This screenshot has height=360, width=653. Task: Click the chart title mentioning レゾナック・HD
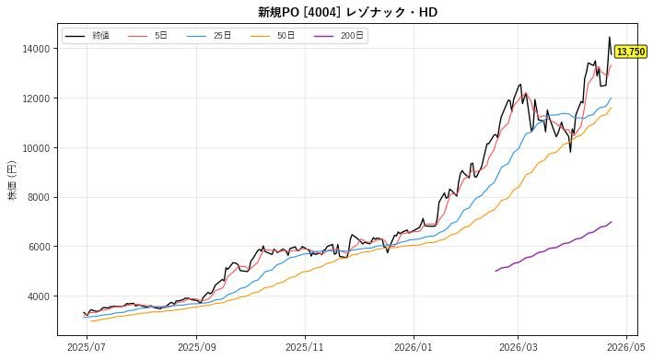click(347, 12)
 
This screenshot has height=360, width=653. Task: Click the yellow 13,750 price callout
click(631, 52)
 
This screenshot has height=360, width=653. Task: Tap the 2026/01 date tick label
click(414, 347)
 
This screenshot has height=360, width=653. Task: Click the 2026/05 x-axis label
click(626, 347)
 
